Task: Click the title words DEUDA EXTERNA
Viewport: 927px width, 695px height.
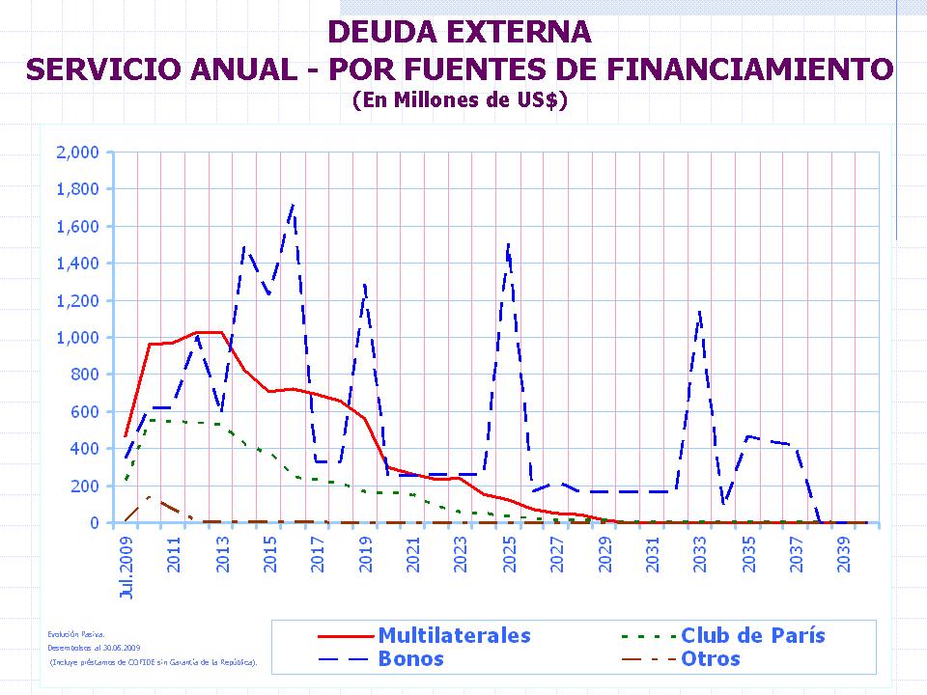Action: pyautogui.click(x=459, y=32)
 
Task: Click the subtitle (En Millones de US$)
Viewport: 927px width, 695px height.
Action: pyautogui.click(x=459, y=99)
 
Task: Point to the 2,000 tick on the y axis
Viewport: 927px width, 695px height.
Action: pyautogui.click(x=78, y=153)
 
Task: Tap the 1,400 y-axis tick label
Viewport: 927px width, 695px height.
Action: pyautogui.click(x=78, y=264)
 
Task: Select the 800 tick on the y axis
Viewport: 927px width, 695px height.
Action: pyautogui.click(x=86, y=375)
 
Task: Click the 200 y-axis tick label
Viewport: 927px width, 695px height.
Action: pyautogui.click(x=86, y=486)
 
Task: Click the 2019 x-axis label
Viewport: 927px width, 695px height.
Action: pyautogui.click(x=365, y=551)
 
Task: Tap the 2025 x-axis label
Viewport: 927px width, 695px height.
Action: pyautogui.click(x=509, y=551)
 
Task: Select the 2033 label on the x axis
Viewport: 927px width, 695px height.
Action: pyautogui.click(x=700, y=551)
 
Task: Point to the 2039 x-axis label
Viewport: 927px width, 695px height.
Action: pyautogui.click(x=843, y=551)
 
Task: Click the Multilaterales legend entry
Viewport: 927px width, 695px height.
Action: pyautogui.click(x=454, y=635)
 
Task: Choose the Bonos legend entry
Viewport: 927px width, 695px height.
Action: pyautogui.click(x=411, y=659)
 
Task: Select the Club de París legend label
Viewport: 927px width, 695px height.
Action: pyautogui.click(x=752, y=635)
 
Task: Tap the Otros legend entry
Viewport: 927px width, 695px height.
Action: pyautogui.click(x=710, y=659)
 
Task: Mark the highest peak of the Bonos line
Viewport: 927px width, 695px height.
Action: pyautogui.click(x=293, y=205)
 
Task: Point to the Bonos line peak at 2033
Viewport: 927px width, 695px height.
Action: pyautogui.click(x=699, y=311)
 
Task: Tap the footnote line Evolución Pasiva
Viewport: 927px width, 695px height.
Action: pyautogui.click(x=69, y=634)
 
